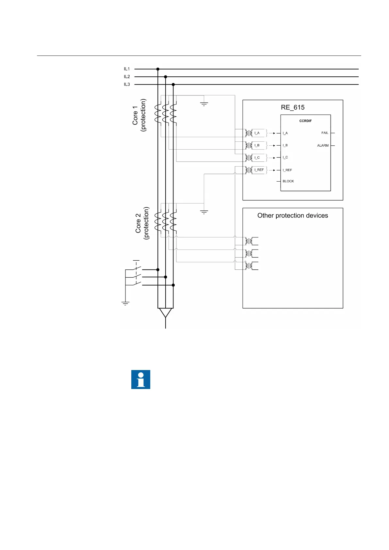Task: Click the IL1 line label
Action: coord(127,69)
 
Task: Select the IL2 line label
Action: coord(127,77)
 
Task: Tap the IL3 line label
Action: coord(127,84)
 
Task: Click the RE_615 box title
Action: coord(293,107)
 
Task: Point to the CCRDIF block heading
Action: coord(305,121)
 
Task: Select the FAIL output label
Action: coord(325,133)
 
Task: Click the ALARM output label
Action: coord(323,145)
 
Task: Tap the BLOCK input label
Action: coord(288,181)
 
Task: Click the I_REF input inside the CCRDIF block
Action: coord(287,170)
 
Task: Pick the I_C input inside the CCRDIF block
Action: coord(285,157)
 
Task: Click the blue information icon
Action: coord(141,380)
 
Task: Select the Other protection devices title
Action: coord(293,216)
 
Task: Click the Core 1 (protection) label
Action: coord(139,115)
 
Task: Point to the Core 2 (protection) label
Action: coord(142,223)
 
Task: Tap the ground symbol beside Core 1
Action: coord(204,104)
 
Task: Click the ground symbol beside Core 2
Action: coord(204,212)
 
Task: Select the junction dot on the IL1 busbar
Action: coord(158,69)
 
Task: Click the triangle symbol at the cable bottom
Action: coord(166,313)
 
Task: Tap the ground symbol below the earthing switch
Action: coord(125,303)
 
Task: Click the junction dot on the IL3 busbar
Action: coord(173,84)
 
